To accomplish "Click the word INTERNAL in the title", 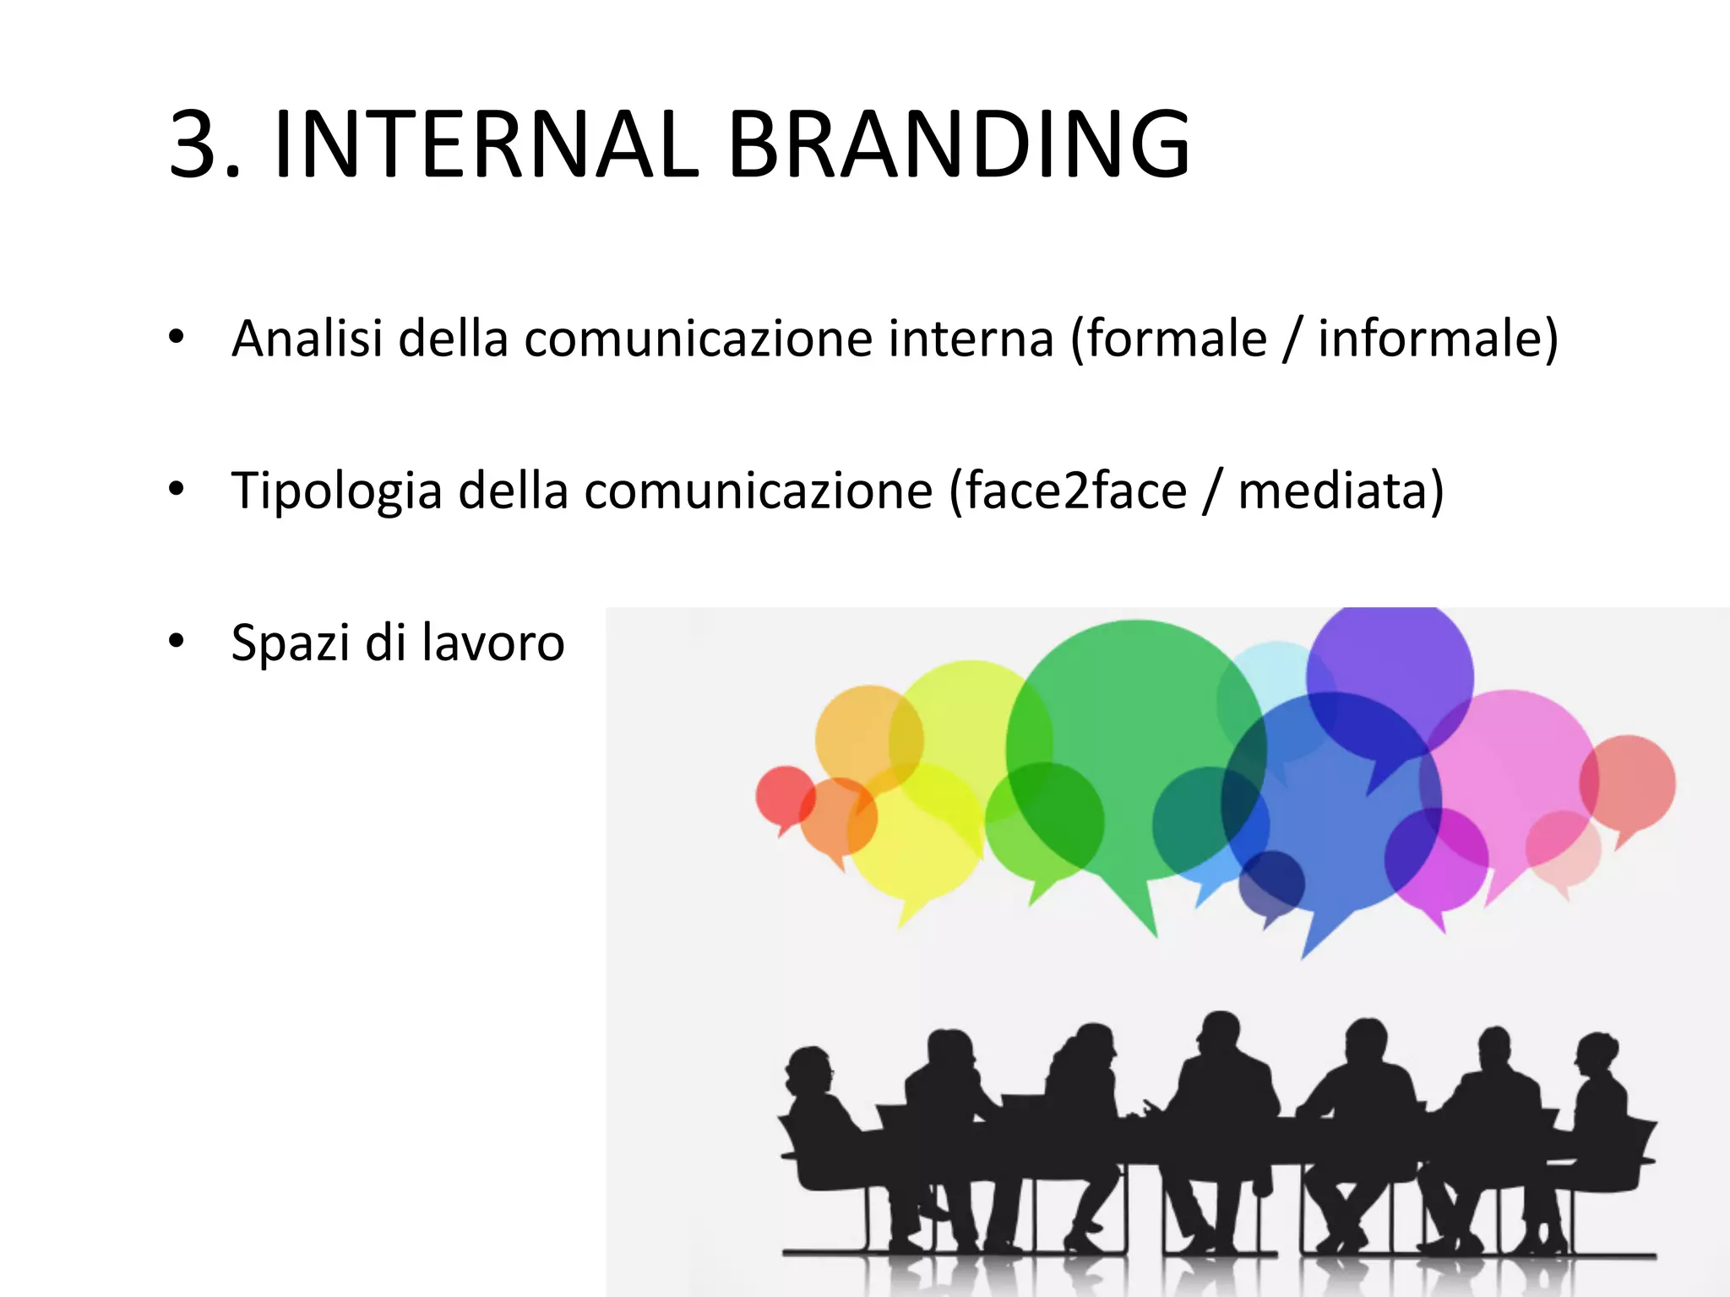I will point(486,145).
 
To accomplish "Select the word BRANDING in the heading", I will point(958,145).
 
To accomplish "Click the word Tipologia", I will point(336,491).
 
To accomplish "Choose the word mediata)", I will point(1341,491).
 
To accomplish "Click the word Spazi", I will point(291,643).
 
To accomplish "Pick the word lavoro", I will point(492,643).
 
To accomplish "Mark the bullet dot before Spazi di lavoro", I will point(176,641).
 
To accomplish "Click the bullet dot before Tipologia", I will point(176,489).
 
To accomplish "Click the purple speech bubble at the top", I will point(1390,667).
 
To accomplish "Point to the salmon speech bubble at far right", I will point(1629,782).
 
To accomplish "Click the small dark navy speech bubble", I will point(1271,883).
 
